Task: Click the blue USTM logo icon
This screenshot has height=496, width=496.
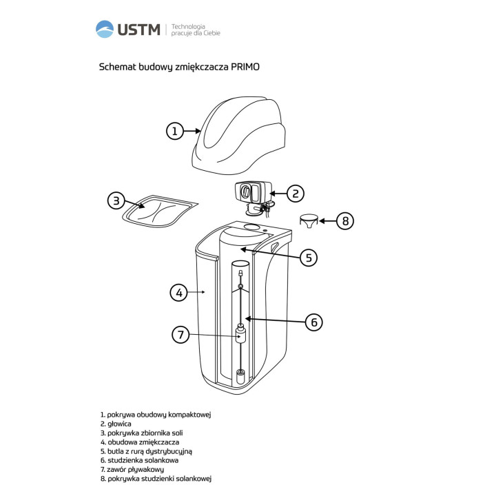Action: (x=105, y=29)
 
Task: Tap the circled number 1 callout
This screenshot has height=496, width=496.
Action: (x=175, y=131)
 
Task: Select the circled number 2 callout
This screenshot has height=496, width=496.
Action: (x=295, y=194)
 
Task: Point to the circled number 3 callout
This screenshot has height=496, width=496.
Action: (x=116, y=200)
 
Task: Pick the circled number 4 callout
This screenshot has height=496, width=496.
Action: (x=179, y=293)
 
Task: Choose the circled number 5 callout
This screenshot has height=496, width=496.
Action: (x=309, y=258)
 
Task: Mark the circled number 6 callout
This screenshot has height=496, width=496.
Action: (x=314, y=322)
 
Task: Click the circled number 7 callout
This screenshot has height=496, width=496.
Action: (x=180, y=334)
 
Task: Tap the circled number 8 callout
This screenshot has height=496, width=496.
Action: (x=345, y=221)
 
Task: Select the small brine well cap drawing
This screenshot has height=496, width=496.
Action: (x=309, y=221)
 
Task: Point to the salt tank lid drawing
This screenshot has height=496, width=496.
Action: (x=160, y=211)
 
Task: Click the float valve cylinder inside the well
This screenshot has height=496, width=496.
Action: (x=241, y=337)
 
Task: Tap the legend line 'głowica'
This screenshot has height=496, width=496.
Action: (x=116, y=424)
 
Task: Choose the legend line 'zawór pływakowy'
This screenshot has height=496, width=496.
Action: (x=132, y=469)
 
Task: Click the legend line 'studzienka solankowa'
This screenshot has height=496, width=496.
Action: (x=139, y=460)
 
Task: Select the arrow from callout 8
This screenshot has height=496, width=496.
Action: (x=327, y=221)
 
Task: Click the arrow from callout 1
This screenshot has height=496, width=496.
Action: (x=192, y=131)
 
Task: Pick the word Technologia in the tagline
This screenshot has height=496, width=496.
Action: (x=188, y=27)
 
